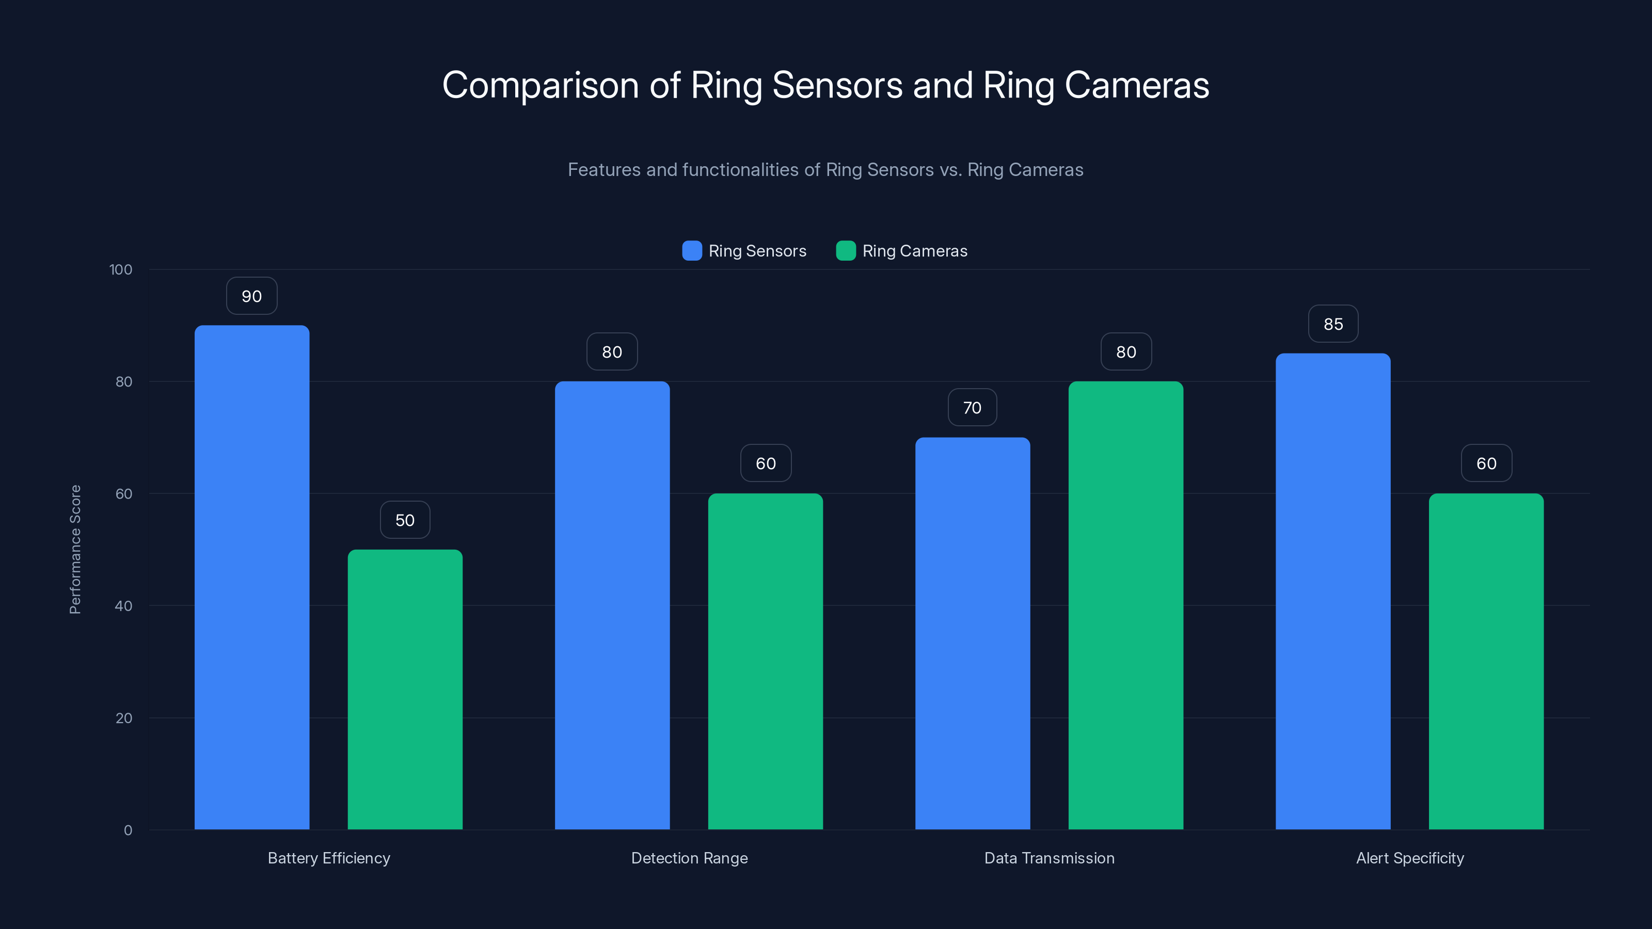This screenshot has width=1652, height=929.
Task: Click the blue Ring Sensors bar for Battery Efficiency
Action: tap(251, 577)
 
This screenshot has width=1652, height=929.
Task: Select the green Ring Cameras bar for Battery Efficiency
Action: tap(405, 689)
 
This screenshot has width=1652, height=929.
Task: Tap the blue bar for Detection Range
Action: tap(612, 605)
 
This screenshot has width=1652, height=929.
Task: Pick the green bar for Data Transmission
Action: tap(1125, 605)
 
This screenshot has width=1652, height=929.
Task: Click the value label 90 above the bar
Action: tap(251, 296)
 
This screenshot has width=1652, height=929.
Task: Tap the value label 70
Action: tap(972, 408)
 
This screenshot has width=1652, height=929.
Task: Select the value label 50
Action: tap(405, 520)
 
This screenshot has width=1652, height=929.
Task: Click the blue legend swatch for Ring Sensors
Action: tap(692, 251)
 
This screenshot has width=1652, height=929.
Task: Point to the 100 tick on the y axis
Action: tap(121, 270)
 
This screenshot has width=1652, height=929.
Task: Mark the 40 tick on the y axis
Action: tap(124, 606)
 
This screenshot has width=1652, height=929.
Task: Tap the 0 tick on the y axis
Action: tap(128, 830)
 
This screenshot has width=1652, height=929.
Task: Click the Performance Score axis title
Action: tap(75, 550)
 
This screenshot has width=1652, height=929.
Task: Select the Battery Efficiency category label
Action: tap(328, 858)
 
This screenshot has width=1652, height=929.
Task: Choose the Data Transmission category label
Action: tap(1049, 858)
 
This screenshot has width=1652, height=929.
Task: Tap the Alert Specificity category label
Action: tap(1409, 858)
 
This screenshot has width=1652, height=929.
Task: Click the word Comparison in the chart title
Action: tap(541, 85)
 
